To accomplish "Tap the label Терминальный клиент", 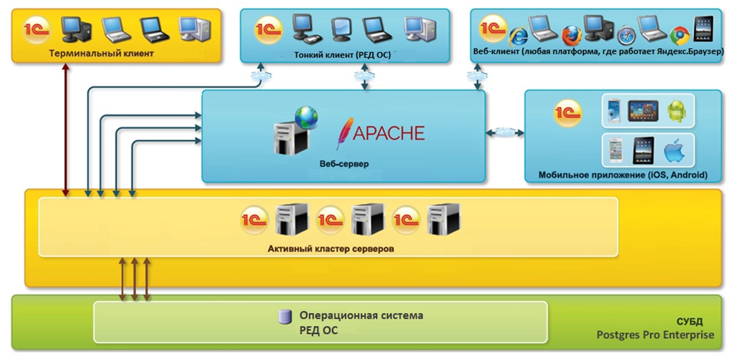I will click(101, 54).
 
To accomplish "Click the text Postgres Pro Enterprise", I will click(655, 335).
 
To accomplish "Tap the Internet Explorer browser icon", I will click(518, 37).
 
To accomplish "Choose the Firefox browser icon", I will click(571, 35).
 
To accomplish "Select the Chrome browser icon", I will click(680, 35).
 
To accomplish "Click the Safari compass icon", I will click(626, 36).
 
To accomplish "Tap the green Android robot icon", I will click(677, 111).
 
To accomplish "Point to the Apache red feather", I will click(343, 133).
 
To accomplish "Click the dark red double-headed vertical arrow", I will click(66, 129).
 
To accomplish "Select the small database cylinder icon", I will click(285, 317).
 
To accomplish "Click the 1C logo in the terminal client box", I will click(37, 30).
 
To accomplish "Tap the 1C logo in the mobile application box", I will click(568, 112).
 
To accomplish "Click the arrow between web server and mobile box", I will click(505, 133).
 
